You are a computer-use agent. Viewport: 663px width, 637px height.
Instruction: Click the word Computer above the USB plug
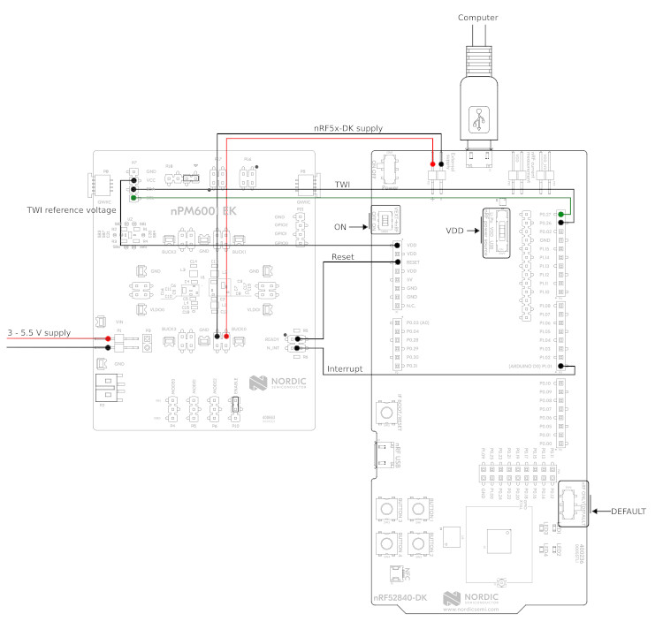pyautogui.click(x=478, y=17)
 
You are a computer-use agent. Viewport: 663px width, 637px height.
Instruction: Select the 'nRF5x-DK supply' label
pyautogui.click(x=348, y=128)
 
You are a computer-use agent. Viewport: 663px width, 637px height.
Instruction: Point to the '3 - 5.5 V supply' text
pyautogui.click(x=38, y=332)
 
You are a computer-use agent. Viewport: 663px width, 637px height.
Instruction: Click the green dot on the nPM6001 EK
pyautogui.click(x=133, y=198)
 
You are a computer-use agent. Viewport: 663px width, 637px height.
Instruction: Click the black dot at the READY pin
pyautogui.click(x=298, y=338)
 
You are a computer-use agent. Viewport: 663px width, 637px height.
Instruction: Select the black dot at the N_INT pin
pyautogui.click(x=298, y=348)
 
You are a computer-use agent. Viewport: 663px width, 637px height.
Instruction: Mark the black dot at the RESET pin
pyautogui.click(x=399, y=262)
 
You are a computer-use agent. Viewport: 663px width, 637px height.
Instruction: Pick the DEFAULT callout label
pyautogui.click(x=629, y=512)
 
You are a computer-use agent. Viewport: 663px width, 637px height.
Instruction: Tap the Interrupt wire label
pyautogui.click(x=345, y=368)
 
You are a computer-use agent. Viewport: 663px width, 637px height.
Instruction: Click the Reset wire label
pyautogui.click(x=343, y=256)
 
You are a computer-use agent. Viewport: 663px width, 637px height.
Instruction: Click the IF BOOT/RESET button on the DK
pyautogui.click(x=386, y=413)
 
